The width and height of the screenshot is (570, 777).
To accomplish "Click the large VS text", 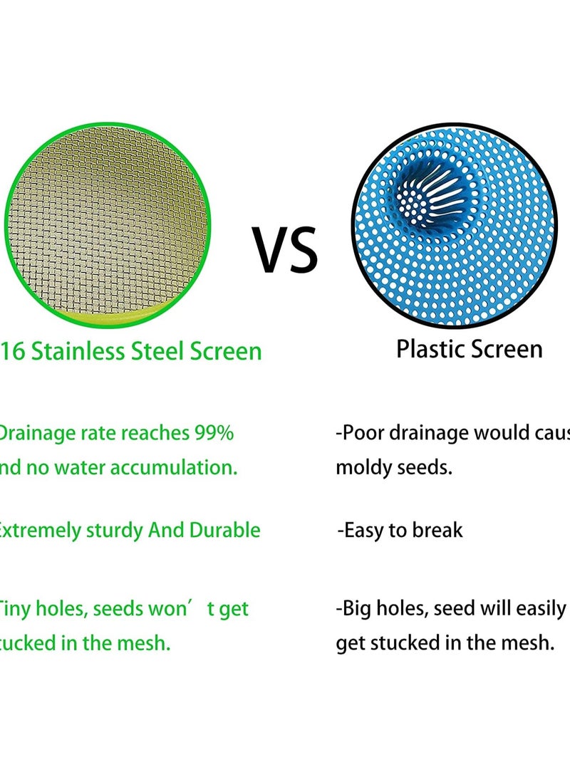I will [286, 250].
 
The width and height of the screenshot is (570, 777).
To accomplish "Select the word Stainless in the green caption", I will [78, 351].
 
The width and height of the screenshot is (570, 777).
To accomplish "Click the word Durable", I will [224, 531].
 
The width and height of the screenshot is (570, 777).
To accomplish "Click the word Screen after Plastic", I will [505, 349].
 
